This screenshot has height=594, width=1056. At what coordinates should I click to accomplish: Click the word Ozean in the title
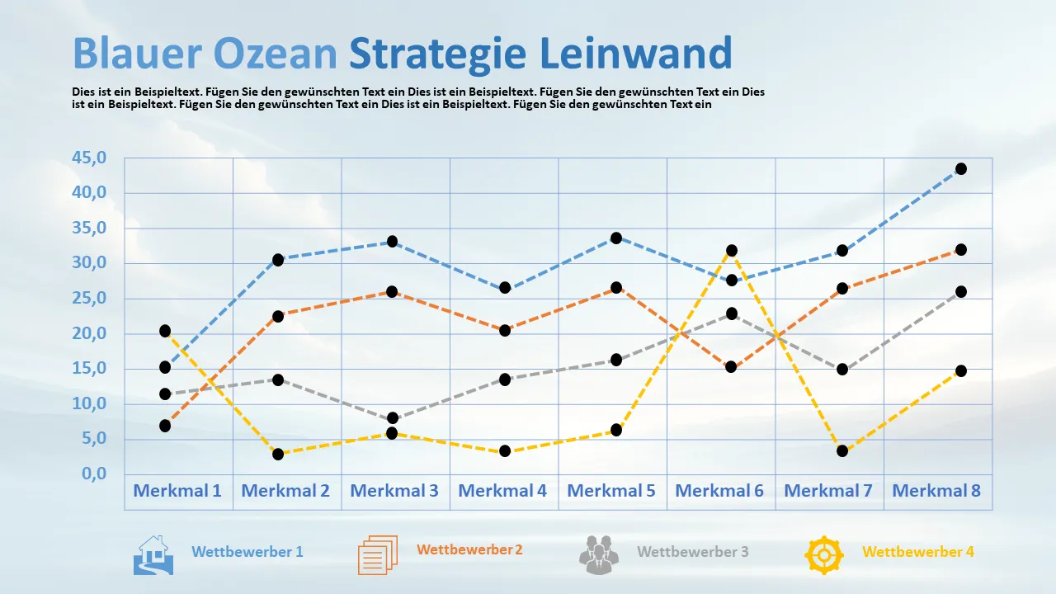click(275, 54)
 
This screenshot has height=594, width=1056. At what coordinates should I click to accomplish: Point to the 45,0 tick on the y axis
click(90, 158)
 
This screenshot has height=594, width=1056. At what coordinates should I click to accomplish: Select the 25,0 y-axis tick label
click(90, 299)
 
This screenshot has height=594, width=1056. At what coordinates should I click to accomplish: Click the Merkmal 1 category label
click(177, 491)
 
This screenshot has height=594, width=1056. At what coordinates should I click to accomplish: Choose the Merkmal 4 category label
click(502, 491)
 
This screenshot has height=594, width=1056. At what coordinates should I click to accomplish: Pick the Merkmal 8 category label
click(936, 491)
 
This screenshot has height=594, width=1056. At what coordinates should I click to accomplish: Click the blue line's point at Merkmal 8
click(961, 169)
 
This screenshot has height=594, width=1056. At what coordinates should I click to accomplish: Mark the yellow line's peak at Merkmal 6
click(732, 250)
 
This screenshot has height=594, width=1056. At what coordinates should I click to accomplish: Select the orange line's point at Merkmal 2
click(278, 316)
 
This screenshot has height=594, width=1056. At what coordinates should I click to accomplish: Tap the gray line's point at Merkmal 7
click(842, 369)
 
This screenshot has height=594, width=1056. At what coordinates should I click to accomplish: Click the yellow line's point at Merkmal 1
click(165, 331)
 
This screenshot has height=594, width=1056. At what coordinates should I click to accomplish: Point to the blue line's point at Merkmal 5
click(615, 238)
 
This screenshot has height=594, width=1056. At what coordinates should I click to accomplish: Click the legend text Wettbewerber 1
click(247, 552)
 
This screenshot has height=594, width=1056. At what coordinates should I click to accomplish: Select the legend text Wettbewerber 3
click(693, 552)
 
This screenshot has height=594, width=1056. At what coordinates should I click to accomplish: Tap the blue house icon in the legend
click(153, 555)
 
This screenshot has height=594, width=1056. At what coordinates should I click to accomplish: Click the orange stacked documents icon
click(378, 554)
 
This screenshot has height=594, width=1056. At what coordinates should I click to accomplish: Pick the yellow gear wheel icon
click(823, 555)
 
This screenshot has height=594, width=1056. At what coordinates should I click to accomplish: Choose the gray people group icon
click(599, 555)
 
